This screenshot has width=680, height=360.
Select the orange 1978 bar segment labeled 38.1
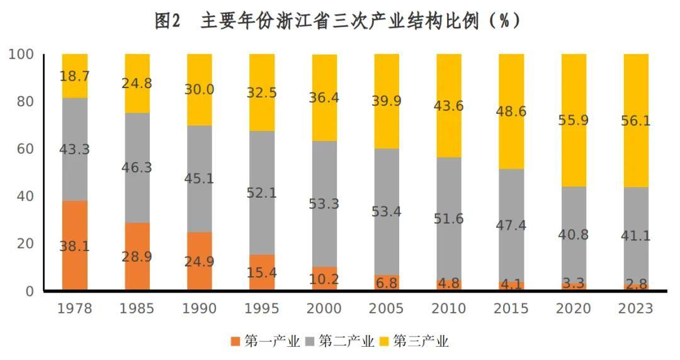coord(74,245)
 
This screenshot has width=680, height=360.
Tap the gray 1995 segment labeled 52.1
coord(262,193)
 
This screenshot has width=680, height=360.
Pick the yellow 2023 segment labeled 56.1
coord(636,120)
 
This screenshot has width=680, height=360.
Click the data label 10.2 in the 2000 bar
coord(324,278)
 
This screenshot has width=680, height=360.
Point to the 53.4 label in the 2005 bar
coord(387,211)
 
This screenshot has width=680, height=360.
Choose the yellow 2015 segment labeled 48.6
coord(511,111)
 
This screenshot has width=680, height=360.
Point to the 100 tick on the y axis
coord(21,55)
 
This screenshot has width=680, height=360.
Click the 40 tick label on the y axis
coord(25,196)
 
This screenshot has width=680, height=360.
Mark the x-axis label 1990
coord(199,308)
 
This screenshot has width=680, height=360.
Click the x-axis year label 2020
coord(574,308)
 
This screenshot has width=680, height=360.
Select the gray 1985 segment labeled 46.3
coord(137,167)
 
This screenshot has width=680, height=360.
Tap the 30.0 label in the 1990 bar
coord(199,89)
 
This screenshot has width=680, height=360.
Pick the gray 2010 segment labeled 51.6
coord(449,218)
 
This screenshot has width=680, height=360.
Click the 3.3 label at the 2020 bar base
coord(574,283)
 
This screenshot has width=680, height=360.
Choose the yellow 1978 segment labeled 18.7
coord(74,76)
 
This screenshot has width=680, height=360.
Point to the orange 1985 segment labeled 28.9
coord(137,256)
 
